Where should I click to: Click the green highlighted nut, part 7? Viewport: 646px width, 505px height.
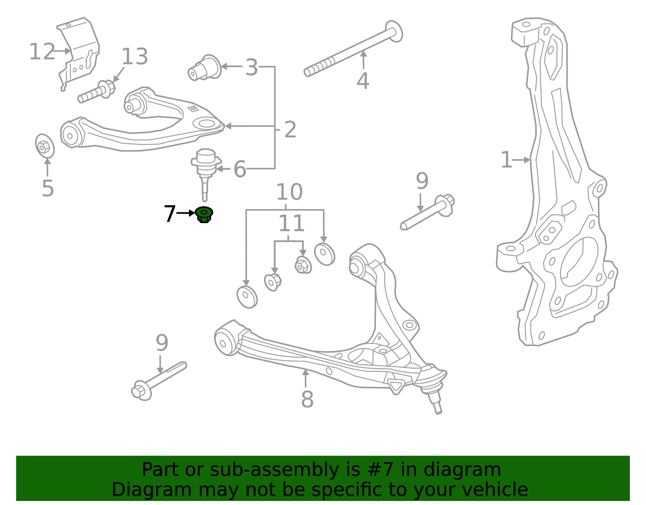(x=204, y=214)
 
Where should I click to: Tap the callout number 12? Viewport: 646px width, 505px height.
(x=42, y=52)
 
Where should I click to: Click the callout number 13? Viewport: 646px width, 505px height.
(x=135, y=57)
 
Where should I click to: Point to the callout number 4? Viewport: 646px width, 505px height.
(x=363, y=81)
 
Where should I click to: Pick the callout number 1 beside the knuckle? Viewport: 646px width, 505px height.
(x=506, y=160)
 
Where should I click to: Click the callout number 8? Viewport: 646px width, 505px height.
(x=307, y=399)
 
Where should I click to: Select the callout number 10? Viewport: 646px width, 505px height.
(x=289, y=192)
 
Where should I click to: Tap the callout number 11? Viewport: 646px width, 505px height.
(x=291, y=224)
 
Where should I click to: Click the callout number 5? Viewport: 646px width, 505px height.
(x=48, y=188)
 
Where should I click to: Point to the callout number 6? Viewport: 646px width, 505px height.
(x=240, y=169)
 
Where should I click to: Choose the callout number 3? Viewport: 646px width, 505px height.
(x=252, y=68)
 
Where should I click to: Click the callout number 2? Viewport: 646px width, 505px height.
(x=290, y=130)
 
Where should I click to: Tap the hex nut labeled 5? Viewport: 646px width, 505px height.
(x=44, y=146)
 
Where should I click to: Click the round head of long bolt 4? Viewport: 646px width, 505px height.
(x=394, y=31)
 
